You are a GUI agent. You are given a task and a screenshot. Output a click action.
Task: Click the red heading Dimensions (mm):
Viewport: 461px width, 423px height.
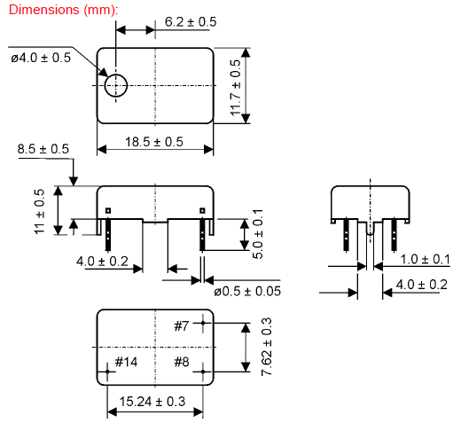(x=63, y=10)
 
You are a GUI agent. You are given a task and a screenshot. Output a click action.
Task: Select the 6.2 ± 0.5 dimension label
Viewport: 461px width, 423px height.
(x=191, y=22)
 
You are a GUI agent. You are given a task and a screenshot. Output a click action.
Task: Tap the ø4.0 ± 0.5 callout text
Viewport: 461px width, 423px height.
(x=41, y=58)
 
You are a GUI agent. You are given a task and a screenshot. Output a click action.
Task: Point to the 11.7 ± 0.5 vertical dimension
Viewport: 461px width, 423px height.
(x=236, y=88)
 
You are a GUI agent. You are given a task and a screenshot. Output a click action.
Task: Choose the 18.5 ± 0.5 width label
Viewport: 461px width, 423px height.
(x=154, y=142)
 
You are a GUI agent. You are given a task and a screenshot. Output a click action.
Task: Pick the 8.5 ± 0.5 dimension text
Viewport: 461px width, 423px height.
(x=43, y=149)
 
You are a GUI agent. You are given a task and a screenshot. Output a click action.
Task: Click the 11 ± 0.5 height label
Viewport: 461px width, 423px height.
(x=39, y=212)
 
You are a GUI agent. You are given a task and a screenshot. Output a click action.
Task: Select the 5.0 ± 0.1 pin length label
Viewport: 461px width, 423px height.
(x=258, y=234)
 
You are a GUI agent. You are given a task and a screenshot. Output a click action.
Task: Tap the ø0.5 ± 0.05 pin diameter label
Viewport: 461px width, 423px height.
(x=247, y=292)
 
